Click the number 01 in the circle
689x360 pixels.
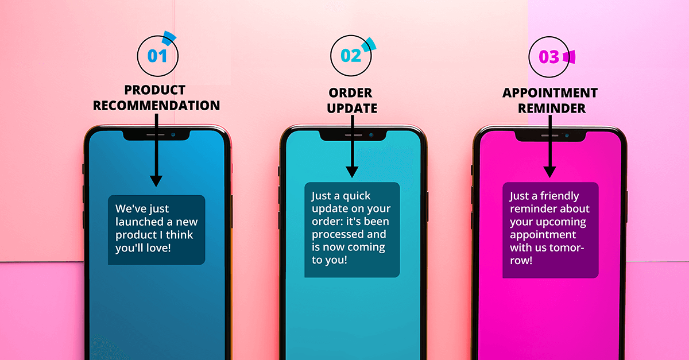tap(157, 56)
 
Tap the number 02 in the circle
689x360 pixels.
tap(351, 56)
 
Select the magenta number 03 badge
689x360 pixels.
tap(548, 57)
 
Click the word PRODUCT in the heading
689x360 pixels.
tap(155, 91)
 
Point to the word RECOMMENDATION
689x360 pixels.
tap(156, 106)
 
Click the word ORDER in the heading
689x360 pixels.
tap(350, 93)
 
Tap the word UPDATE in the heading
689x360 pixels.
tap(352, 108)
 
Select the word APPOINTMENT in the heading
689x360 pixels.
tap(549, 93)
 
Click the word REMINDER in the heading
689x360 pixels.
tap(550, 108)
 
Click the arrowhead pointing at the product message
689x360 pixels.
tap(156, 180)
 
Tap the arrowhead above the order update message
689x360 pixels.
tap(352, 171)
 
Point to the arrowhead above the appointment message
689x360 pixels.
tap(549, 171)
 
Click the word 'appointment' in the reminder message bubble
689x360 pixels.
tap(543, 235)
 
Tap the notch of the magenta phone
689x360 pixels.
tap(549, 136)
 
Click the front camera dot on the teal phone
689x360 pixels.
tap(371, 135)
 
